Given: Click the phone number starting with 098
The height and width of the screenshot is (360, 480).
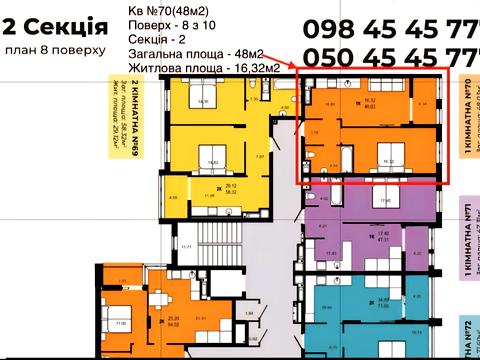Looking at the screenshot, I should pyautogui.click(x=390, y=29).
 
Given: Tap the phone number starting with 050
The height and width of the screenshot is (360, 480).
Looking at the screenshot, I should pyautogui.click(x=390, y=57).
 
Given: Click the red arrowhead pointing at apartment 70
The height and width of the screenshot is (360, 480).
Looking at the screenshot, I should pyautogui.click(x=294, y=65).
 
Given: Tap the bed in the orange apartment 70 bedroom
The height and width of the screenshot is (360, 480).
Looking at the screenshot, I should pyautogui.click(x=387, y=153).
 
